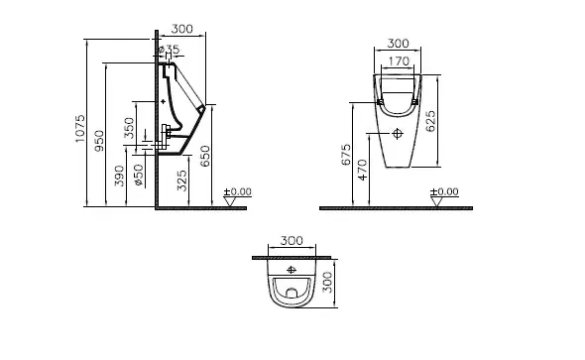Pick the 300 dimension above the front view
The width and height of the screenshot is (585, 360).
pyautogui.click(x=397, y=44)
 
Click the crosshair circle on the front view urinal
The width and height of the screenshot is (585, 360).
pyautogui.click(x=397, y=132)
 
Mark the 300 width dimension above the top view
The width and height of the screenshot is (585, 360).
pyautogui.click(x=292, y=240)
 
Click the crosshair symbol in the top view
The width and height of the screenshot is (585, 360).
pyautogui.click(x=292, y=270)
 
